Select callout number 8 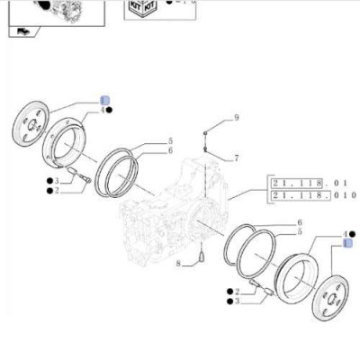(x=179, y=264)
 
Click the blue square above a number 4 (x=104, y=99)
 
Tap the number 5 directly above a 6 (x=170, y=141)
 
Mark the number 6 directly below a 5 (x=170, y=151)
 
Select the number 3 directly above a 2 (x=56, y=182)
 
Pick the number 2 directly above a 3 (x=237, y=292)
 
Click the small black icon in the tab (x=22, y=33)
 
